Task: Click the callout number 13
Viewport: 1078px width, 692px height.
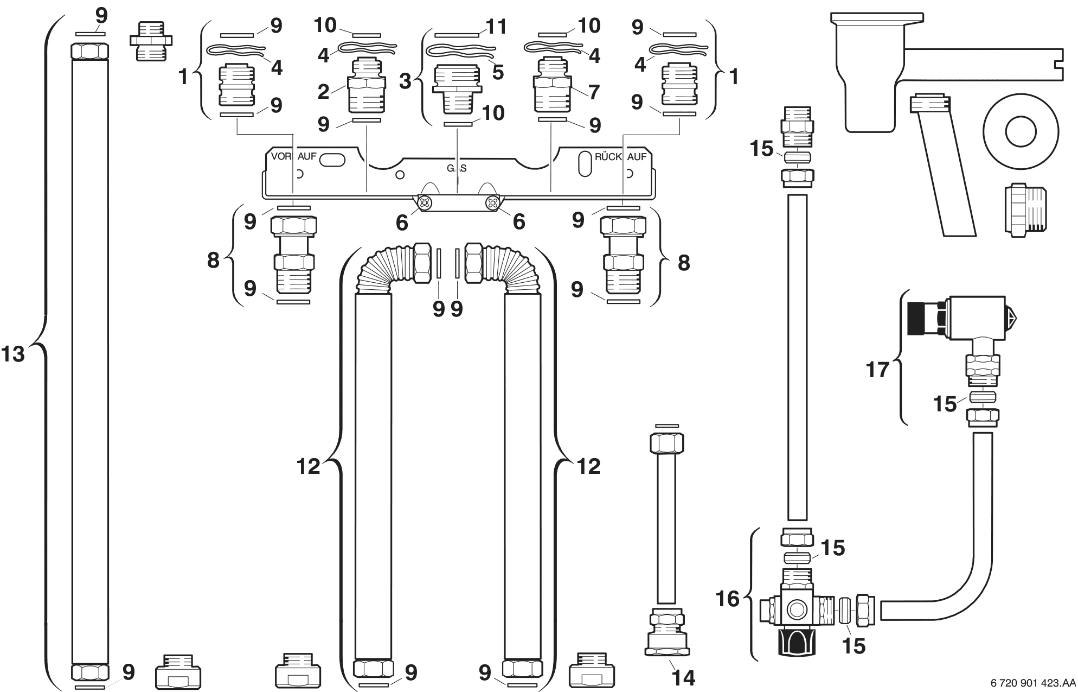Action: (13, 354)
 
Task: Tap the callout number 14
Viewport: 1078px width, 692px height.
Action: (683, 677)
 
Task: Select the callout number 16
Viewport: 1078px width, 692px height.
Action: (728, 599)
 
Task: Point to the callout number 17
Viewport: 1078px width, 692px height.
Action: (878, 370)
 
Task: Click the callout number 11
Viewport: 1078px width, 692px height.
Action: (496, 26)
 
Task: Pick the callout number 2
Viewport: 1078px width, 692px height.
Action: (324, 92)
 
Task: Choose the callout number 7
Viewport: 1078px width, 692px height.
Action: (594, 92)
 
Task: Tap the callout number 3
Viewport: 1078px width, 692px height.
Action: (406, 81)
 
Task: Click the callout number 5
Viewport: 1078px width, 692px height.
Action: (498, 72)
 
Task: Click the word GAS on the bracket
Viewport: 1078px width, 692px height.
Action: (457, 168)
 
